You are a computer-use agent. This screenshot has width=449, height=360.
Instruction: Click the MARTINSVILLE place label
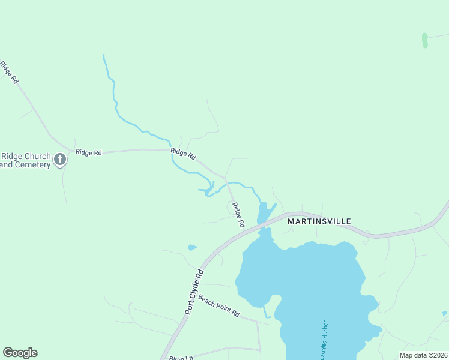[x=319, y=221]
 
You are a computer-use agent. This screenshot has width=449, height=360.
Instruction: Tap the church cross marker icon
[x=60, y=159]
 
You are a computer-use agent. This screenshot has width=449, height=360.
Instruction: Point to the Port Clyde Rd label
[x=194, y=292]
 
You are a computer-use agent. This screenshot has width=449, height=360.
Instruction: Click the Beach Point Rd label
[x=219, y=306]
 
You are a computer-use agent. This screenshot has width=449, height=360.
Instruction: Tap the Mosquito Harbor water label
[x=324, y=338]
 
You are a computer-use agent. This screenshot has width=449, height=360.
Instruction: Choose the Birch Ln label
[x=178, y=358]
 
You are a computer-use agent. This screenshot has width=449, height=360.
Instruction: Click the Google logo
[x=20, y=353]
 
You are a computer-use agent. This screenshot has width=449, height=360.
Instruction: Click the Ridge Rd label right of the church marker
[x=89, y=152]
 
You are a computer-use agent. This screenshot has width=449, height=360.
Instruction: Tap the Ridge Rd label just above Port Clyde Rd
[x=238, y=215]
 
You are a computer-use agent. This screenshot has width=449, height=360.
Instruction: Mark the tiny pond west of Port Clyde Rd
[x=192, y=247]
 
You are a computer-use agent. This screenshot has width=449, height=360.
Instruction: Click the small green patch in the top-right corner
[x=425, y=40]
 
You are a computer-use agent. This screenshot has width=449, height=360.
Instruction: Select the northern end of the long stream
[x=104, y=56]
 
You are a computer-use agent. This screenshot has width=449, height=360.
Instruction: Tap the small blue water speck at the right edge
[x=445, y=313]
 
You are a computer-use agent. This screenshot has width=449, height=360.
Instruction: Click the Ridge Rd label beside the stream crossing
[x=183, y=154]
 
